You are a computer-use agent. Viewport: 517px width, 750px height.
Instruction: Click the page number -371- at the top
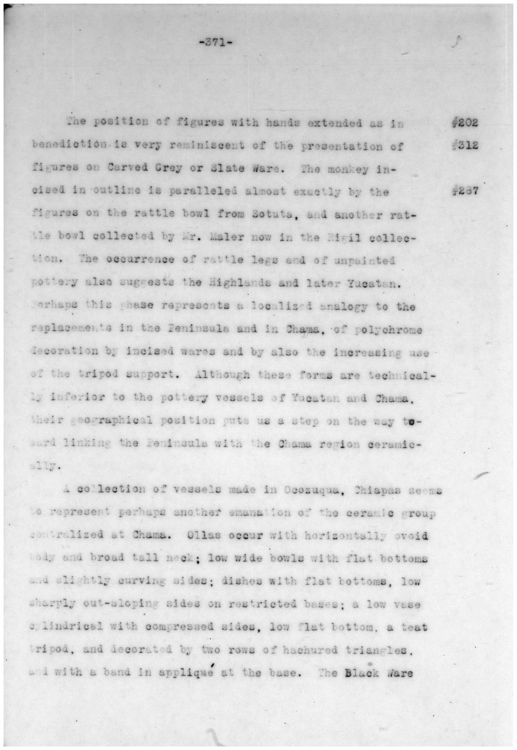(x=216, y=43)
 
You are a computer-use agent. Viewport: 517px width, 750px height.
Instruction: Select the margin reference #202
(x=464, y=122)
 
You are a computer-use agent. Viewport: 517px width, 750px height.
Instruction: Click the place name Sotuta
(x=273, y=214)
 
